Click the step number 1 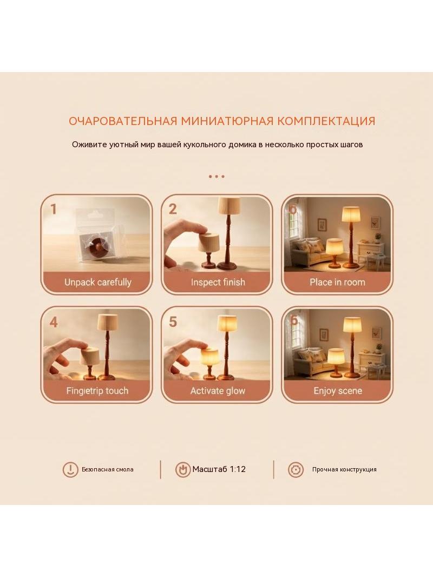coord(54,209)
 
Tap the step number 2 coord(173,209)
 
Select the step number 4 coord(54,323)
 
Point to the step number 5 coord(173,322)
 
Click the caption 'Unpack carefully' coord(98,282)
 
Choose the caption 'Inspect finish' coord(218,282)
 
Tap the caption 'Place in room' coord(337,282)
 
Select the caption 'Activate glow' coord(218,391)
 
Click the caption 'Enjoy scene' coord(338,391)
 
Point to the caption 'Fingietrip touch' coord(97,391)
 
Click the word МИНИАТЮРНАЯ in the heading coord(227,121)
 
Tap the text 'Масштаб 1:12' coord(219,469)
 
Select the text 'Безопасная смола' coord(107,469)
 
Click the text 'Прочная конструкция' coord(344,469)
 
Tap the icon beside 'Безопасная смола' coord(70,470)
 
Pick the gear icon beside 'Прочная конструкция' coord(296,470)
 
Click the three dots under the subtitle coord(216,176)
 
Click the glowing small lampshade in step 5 coord(209,357)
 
